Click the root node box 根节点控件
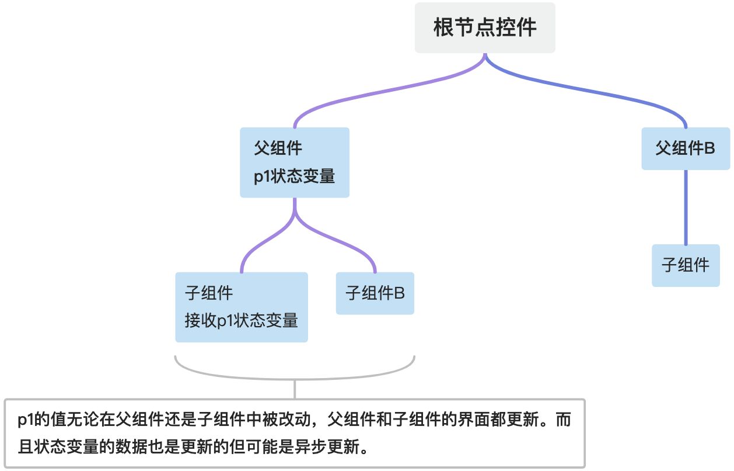click(x=485, y=28)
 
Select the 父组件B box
click(x=686, y=148)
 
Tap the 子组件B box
click(x=375, y=293)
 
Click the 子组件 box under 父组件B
click(x=686, y=265)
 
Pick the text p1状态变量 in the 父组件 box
click(x=295, y=176)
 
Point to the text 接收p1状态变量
click(x=242, y=320)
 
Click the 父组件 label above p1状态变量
click(x=278, y=148)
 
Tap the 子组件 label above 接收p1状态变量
click(x=209, y=292)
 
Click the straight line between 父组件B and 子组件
click(x=686, y=207)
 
